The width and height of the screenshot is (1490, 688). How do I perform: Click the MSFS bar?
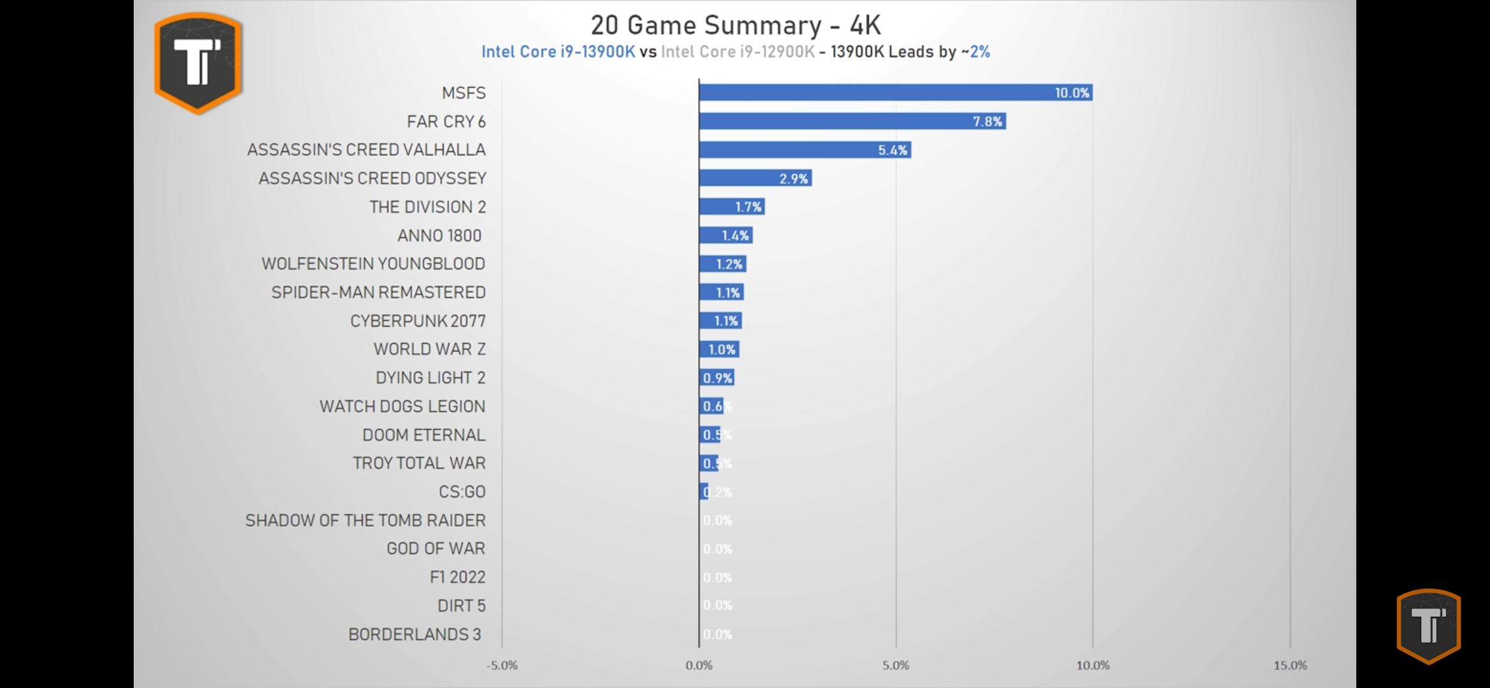click(x=895, y=93)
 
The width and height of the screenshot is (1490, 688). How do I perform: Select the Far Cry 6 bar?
click(x=852, y=121)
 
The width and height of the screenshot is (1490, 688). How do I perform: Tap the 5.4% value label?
click(x=892, y=150)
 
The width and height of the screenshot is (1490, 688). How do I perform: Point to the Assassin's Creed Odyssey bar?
click(x=755, y=178)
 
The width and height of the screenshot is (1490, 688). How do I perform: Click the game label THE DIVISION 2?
click(x=427, y=207)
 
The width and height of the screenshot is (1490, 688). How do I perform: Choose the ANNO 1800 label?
click(x=439, y=236)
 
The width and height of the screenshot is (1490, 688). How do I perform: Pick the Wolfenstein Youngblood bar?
click(x=722, y=264)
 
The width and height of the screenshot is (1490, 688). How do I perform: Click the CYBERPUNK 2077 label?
click(x=418, y=321)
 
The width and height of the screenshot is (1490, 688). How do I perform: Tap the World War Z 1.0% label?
click(x=721, y=350)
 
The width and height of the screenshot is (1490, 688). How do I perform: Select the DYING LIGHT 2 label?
click(x=430, y=378)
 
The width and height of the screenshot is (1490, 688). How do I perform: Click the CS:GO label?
click(x=462, y=492)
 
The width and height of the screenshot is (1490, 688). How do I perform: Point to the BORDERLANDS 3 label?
click(x=415, y=634)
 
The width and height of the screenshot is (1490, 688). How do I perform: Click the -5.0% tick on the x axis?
click(x=502, y=666)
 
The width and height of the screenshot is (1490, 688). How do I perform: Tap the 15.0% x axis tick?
click(x=1290, y=666)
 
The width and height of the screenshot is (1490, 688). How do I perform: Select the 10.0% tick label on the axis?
click(x=1093, y=666)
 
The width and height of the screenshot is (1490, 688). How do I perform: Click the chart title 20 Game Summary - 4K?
click(x=735, y=25)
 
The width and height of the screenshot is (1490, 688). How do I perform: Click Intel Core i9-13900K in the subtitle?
click(x=558, y=52)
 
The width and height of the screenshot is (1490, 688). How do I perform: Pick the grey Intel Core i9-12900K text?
click(x=737, y=52)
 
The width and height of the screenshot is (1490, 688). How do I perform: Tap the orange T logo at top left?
click(x=198, y=62)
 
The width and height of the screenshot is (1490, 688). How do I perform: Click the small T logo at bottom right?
click(x=1428, y=626)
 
